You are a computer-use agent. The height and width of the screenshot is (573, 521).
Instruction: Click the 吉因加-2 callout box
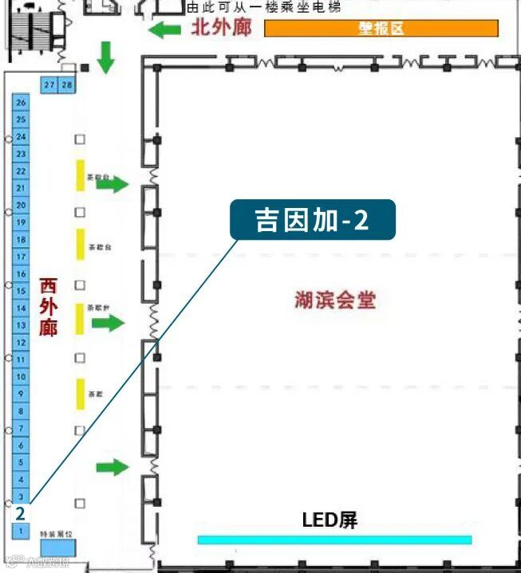coord(312,220)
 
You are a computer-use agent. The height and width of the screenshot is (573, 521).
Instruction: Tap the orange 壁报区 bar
coord(381,29)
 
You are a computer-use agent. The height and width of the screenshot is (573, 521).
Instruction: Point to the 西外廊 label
coord(49,306)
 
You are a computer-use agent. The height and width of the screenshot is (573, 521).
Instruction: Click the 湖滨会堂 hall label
coord(334,300)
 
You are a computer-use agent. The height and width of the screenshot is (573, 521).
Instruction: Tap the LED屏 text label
coord(330,520)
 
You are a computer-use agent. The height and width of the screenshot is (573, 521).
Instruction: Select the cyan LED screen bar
coord(334,540)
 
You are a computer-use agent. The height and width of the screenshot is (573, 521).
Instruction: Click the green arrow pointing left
coord(166,30)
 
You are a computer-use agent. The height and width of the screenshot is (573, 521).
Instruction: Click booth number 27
coord(49,84)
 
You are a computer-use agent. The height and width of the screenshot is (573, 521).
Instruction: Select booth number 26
coord(22,102)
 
